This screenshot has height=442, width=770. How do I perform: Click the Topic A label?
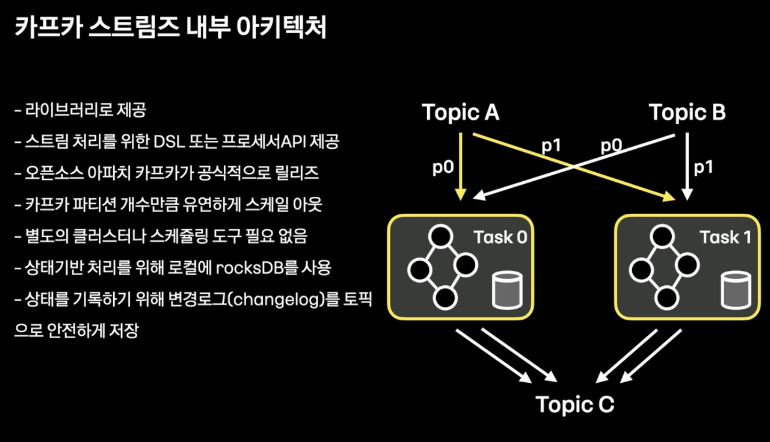click(x=460, y=112)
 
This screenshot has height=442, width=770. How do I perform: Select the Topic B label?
click(x=687, y=112)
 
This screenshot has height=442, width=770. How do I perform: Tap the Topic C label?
click(x=575, y=404)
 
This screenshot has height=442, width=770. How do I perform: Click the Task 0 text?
click(x=500, y=237)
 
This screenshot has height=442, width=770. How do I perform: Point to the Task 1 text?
click(x=725, y=237)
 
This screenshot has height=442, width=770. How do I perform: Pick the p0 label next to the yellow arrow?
click(x=443, y=167)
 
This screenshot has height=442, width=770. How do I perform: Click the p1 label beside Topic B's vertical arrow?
click(x=704, y=167)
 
